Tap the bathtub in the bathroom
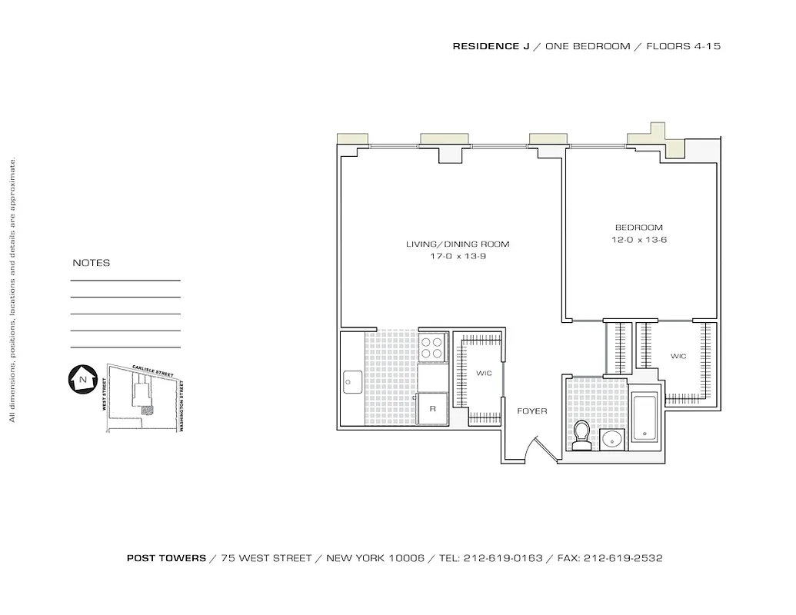tap(644, 417)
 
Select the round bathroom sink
tap(612, 440)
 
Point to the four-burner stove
tap(433, 347)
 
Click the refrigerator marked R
tap(433, 408)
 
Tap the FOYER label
tap(532, 411)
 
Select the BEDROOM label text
tap(638, 228)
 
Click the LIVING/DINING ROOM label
tap(458, 244)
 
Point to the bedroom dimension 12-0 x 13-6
tap(638, 240)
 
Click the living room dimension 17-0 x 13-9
tap(458, 257)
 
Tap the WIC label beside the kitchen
tap(483, 374)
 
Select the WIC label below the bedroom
tap(678, 357)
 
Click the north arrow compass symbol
tap(80, 379)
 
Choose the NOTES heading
tap(92, 263)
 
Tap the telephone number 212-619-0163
tap(502, 558)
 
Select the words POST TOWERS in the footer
tap(166, 558)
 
